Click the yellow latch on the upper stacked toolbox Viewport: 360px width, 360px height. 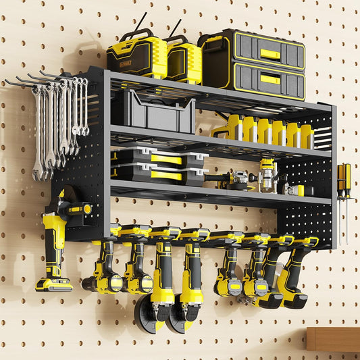(x=270, y=53)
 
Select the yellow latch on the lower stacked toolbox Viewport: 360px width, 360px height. (x=270, y=79)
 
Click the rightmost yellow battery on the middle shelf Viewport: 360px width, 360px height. (x=307, y=135)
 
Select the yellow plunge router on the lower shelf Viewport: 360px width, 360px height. (x=268, y=175)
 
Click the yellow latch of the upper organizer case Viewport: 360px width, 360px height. (x=165, y=159)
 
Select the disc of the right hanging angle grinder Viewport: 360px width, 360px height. (x=177, y=318)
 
